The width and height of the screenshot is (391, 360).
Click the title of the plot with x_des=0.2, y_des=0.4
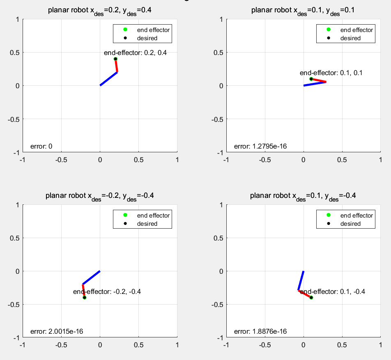100,10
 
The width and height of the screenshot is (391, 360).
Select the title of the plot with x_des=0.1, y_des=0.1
303,10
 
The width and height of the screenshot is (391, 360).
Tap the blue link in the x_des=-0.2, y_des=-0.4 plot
91,277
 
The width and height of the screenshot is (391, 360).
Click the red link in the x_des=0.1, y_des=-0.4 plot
304,294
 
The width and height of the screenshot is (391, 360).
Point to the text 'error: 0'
41,146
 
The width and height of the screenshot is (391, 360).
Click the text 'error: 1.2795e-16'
260,146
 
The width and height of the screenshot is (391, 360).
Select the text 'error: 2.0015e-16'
57,332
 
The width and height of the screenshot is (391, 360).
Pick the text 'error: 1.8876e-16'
260,332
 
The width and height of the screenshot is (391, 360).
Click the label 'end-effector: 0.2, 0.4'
135,52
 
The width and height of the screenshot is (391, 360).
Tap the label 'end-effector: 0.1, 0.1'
331,73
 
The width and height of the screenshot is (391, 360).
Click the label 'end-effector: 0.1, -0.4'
333,292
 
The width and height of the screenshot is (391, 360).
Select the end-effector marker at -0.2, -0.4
84,298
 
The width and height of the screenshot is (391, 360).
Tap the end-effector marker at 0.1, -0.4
311,298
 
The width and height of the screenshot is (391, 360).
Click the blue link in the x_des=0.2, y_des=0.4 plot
108,79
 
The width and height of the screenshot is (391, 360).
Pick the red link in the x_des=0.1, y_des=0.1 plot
319,80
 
